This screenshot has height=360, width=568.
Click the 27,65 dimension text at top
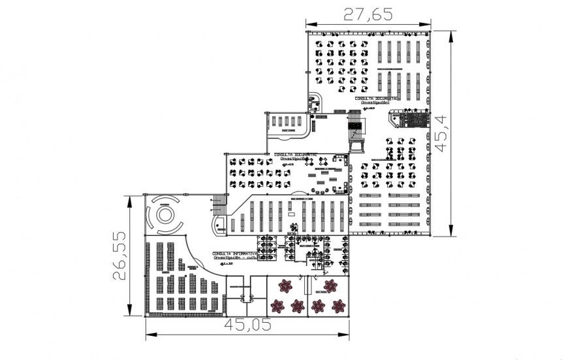tap(370, 14)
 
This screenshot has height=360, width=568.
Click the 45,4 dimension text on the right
tap(442, 133)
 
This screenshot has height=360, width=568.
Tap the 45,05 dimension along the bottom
tap(247, 325)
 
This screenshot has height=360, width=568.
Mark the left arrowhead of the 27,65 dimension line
tap(309, 25)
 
